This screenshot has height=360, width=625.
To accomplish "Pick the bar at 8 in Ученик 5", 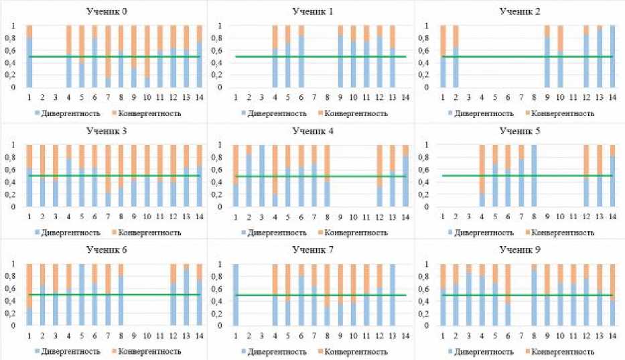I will click(x=534, y=176).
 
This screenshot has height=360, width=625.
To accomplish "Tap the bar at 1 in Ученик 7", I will click(x=235, y=295).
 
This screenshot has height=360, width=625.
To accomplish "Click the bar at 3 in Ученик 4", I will click(x=261, y=176).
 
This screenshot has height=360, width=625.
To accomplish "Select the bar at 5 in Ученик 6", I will click(x=82, y=295).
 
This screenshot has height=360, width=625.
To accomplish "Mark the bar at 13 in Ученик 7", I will click(x=391, y=295).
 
